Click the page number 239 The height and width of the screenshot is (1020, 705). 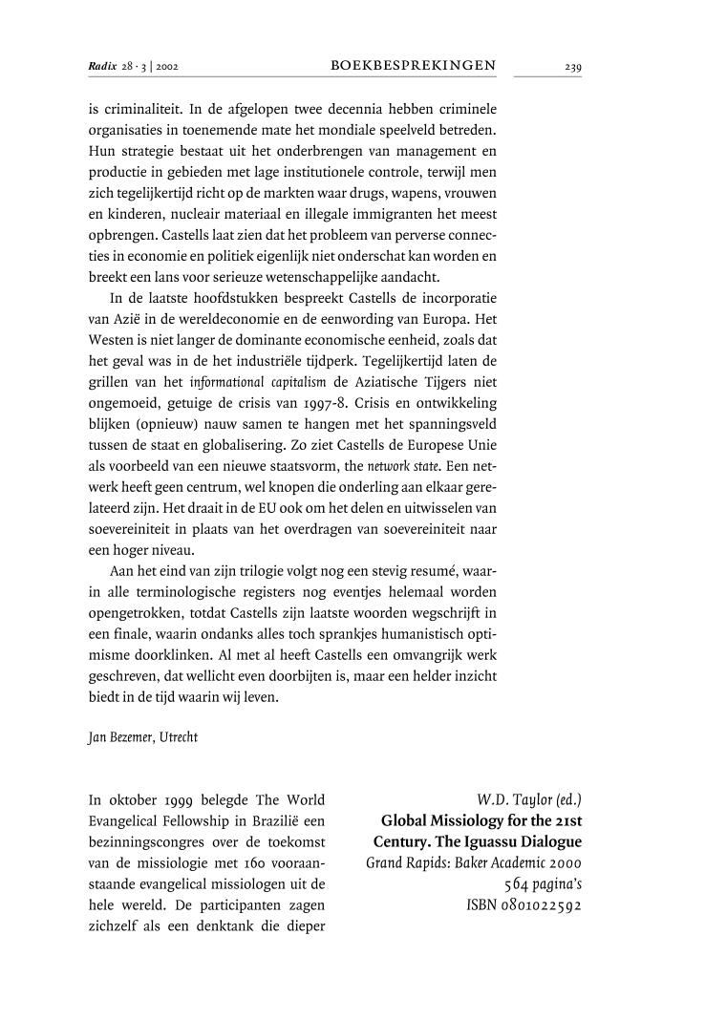click(x=572, y=67)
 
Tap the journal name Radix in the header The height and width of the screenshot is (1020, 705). click(x=100, y=67)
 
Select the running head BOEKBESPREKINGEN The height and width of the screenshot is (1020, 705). click(x=413, y=66)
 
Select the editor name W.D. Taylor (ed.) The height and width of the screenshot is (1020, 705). click(x=528, y=799)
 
